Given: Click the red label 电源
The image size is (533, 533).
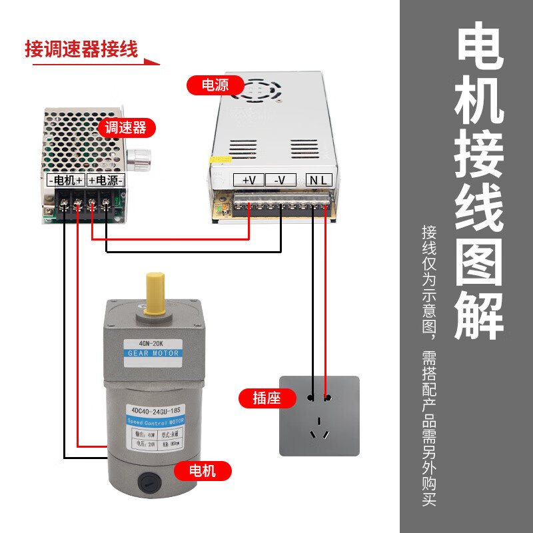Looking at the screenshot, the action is pyautogui.click(x=215, y=85).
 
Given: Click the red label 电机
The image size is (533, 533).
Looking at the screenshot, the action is pyautogui.click(x=203, y=471).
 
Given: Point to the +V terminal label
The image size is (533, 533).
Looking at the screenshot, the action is pyautogui.click(x=249, y=180).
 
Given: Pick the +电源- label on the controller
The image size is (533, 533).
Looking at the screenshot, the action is pyautogui.click(x=105, y=180).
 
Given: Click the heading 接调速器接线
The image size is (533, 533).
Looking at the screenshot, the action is pyautogui.click(x=81, y=49).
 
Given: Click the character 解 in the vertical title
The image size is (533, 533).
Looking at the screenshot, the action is pyautogui.click(x=479, y=313).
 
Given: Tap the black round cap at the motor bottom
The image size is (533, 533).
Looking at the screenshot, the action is pyautogui.click(x=149, y=480).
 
